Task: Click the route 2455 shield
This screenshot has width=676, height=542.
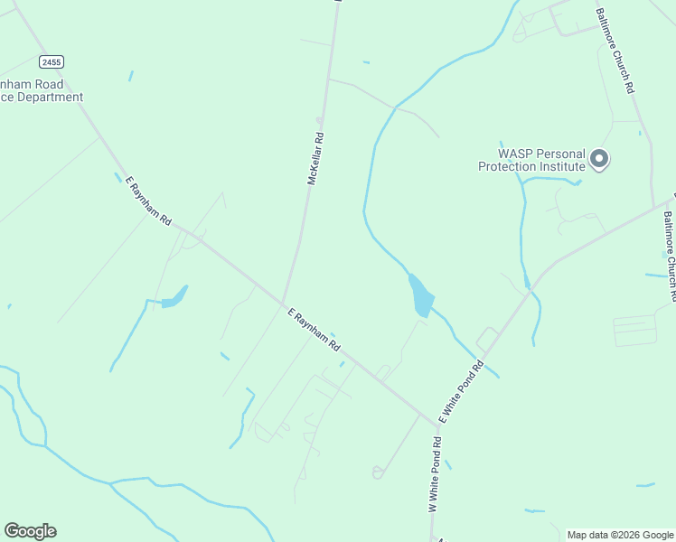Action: click(52, 61)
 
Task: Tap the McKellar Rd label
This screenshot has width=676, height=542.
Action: click(315, 160)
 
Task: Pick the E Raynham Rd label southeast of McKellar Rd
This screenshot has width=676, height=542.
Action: click(314, 330)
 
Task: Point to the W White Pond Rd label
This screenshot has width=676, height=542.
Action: click(435, 475)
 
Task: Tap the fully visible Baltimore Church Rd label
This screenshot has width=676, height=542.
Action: click(615, 51)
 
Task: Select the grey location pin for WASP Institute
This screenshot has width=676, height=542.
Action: click(598, 160)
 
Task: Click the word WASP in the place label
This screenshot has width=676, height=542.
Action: click(516, 154)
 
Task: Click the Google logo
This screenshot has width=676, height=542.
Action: click(30, 531)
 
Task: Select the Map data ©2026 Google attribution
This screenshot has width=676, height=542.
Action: click(621, 535)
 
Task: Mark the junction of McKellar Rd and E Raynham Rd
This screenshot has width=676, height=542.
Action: click(283, 303)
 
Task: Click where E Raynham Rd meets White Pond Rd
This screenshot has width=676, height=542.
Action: click(437, 422)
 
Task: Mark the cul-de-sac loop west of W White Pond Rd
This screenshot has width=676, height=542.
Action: click(377, 472)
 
